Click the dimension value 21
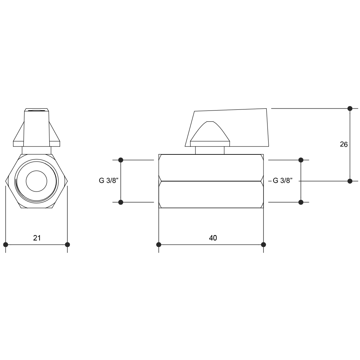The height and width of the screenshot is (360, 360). tap(37, 238)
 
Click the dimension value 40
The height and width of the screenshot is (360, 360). tap(213, 238)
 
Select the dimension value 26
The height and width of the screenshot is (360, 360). tap(344, 144)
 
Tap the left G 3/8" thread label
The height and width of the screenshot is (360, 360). tap(109, 180)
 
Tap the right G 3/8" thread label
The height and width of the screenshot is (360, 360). tap(283, 180)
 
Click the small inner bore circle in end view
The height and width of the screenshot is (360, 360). tap(36, 181)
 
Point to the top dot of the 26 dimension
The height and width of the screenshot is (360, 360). tap(350, 108)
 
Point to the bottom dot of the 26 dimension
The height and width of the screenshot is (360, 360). tap(350, 181)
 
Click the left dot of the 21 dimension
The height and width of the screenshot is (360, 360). tap(6, 244)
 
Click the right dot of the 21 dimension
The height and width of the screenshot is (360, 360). tap(67, 244)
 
